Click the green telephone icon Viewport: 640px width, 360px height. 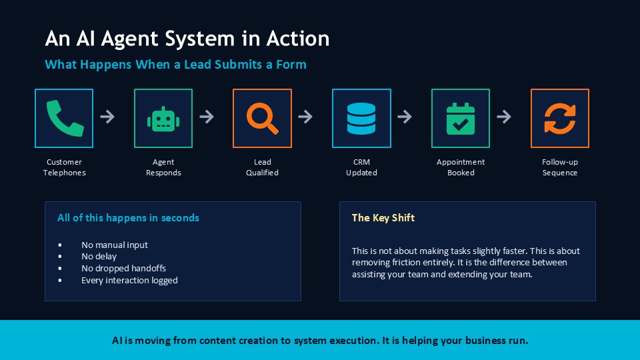pyautogui.click(x=65, y=118)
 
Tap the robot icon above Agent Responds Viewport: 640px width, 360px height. pyautogui.click(x=163, y=119)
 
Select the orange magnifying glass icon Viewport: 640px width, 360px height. pyautogui.click(x=263, y=119)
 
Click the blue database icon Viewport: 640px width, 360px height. pyautogui.click(x=361, y=119)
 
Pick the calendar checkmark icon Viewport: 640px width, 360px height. pyautogui.click(x=461, y=119)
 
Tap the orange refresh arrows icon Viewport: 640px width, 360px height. pyautogui.click(x=560, y=119)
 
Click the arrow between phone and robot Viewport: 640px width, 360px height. pyautogui.click(x=107, y=117)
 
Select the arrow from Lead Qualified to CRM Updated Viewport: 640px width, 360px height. pyautogui.click(x=305, y=117)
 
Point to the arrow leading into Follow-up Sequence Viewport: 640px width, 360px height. pyautogui.click(x=504, y=117)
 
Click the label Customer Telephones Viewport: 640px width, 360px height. pyautogui.click(x=65, y=167)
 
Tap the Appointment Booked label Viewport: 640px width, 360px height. pyautogui.click(x=461, y=167)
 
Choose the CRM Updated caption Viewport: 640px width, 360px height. pyautogui.click(x=361, y=167)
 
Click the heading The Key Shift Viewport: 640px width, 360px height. pyautogui.click(x=383, y=218)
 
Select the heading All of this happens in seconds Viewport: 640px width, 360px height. pyautogui.click(x=128, y=218)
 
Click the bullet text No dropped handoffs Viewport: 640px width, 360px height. pyautogui.click(x=124, y=268)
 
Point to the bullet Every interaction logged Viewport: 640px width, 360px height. pyautogui.click(x=129, y=281)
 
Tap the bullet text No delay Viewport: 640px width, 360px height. pyautogui.click(x=99, y=256)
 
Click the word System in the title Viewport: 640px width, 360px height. pyautogui.click(x=200, y=39)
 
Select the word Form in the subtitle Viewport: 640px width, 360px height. pyautogui.click(x=291, y=65)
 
